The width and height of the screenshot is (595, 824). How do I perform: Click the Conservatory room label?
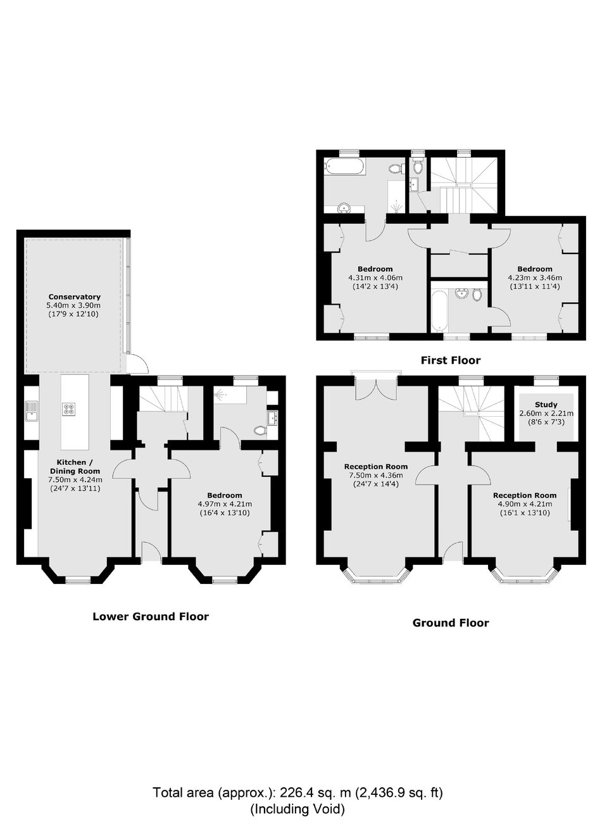[x=74, y=296]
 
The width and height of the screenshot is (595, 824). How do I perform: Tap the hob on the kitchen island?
[x=69, y=409]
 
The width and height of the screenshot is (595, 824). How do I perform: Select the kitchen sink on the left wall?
[x=32, y=411]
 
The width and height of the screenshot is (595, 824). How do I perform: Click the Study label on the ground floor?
[x=546, y=405]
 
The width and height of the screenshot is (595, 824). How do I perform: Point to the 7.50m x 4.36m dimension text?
[x=376, y=475]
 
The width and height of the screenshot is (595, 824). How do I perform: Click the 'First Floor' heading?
[x=451, y=360]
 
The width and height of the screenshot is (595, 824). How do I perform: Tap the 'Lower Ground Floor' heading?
[x=151, y=616]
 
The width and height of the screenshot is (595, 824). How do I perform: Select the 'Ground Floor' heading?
[x=451, y=623]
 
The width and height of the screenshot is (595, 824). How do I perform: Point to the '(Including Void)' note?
[x=297, y=809]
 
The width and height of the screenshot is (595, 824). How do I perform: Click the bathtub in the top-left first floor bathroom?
[x=344, y=167]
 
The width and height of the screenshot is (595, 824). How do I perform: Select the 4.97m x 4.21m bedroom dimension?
[x=224, y=504]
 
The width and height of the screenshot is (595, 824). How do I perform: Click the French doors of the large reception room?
[x=376, y=390]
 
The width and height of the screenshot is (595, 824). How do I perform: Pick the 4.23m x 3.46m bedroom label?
[x=535, y=278]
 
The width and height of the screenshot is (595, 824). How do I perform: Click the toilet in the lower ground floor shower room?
[x=260, y=430]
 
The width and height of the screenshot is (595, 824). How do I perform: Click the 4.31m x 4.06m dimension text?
[x=375, y=278]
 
